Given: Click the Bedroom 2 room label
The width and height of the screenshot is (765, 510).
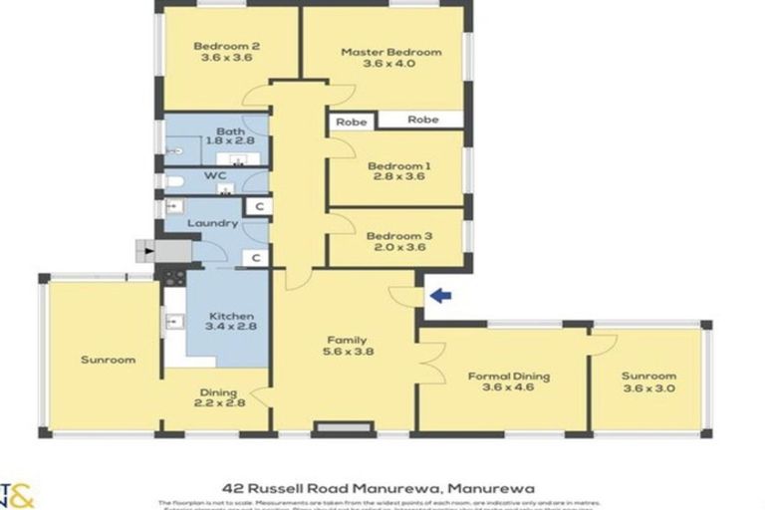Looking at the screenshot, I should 227,45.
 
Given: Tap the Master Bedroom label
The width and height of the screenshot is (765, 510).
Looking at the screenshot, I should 390,52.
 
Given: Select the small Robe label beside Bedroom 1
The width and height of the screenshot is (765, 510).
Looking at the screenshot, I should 351,122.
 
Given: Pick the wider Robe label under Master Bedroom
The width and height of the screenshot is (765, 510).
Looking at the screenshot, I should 422,120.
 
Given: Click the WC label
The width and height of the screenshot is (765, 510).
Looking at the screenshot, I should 216,176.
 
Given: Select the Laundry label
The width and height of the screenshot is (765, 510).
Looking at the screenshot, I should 211,223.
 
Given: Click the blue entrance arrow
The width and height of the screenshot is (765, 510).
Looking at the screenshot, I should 439,295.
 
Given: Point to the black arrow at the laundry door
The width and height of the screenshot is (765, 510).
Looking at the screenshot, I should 149,251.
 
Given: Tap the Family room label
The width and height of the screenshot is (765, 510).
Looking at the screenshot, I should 343,339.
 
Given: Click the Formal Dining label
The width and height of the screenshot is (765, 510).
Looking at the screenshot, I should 509,376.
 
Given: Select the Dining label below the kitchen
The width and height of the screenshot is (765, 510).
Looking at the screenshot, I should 218,392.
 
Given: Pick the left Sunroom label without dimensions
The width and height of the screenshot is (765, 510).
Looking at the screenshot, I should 109,360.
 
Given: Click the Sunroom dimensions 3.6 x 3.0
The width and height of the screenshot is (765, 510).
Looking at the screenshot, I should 648,388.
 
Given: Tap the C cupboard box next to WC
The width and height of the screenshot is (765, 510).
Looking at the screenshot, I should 257,206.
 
